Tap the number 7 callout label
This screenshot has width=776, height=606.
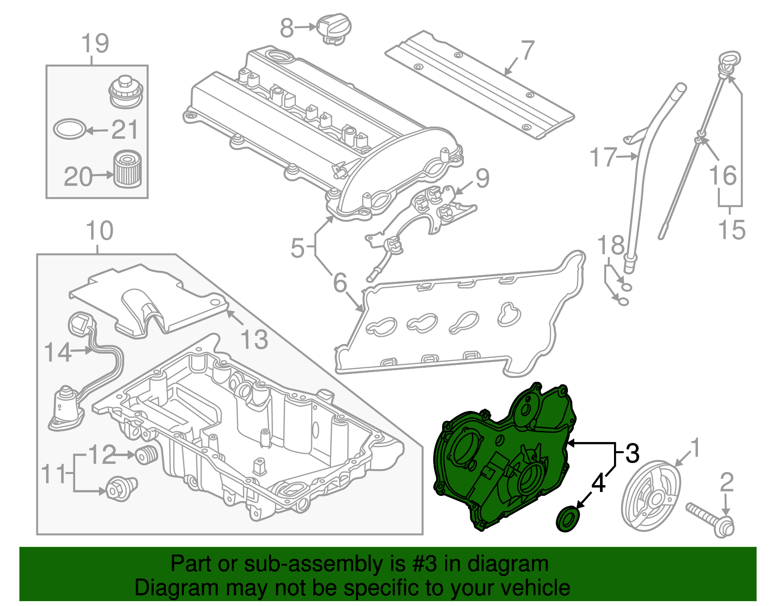click(528, 50)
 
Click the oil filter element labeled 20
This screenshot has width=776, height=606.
click(128, 169)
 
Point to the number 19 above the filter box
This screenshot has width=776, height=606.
click(95, 44)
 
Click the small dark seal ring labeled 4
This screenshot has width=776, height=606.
click(567, 519)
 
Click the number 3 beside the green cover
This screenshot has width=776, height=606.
click(632, 453)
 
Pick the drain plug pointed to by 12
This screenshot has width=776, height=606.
click(146, 455)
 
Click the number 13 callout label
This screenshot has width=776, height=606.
click(254, 339)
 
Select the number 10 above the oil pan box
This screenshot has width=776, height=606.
click(99, 231)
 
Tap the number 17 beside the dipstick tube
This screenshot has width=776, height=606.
click(602, 157)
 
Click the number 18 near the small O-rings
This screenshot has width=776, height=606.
click(611, 246)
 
